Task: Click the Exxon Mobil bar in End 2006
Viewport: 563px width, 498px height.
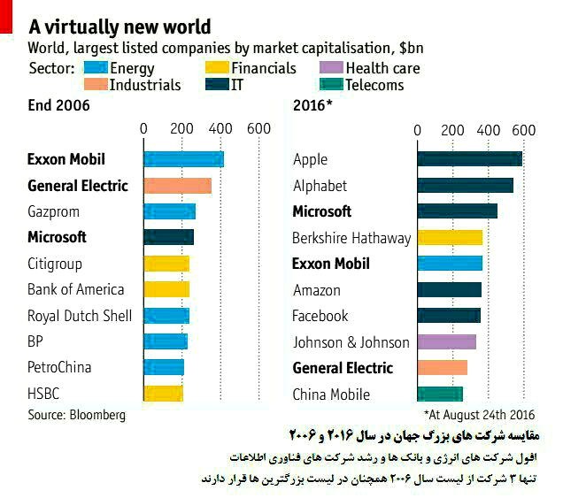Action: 183,159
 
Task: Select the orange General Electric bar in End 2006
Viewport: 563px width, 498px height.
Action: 177,186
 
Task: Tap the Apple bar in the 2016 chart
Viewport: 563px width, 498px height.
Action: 469,159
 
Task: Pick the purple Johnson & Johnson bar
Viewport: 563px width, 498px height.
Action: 446,342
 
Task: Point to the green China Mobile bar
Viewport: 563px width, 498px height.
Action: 440,395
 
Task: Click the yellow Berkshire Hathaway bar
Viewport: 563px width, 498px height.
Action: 450,237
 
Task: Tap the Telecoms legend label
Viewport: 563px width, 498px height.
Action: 374,85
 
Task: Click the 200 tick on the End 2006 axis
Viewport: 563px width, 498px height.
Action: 182,130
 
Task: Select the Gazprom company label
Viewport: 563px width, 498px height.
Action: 55,211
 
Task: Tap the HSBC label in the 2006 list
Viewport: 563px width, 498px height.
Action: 43,394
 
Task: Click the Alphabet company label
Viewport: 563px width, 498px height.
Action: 320,186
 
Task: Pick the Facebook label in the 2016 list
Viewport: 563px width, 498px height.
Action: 320,316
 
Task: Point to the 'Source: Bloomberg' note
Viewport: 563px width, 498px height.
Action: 76,414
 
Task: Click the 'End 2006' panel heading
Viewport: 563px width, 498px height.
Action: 58,106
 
